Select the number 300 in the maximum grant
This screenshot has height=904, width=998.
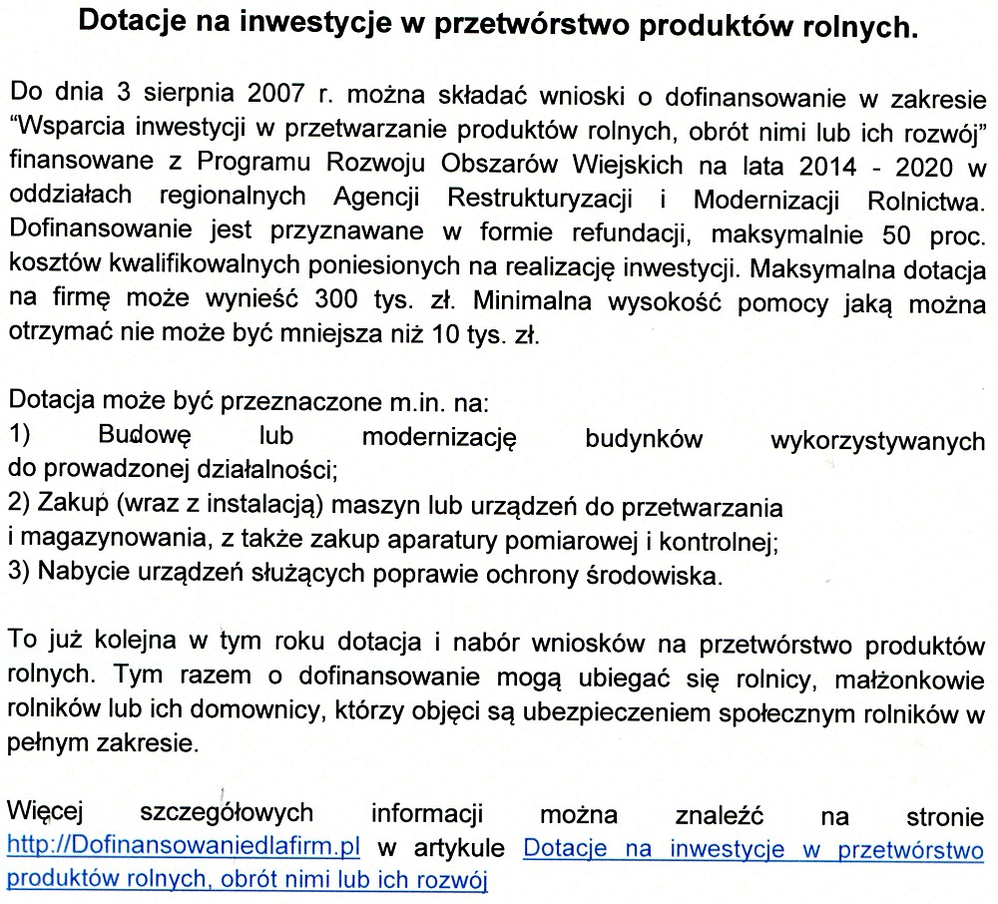336,299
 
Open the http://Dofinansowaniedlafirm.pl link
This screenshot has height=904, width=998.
183,848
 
